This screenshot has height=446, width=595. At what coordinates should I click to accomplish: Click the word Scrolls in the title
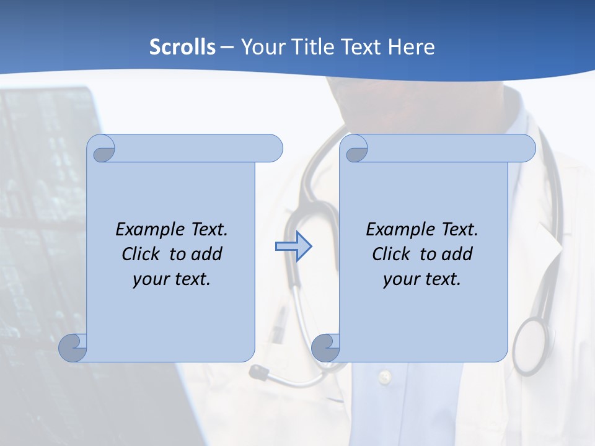pos(183,47)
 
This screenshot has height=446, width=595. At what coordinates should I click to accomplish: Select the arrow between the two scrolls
pos(293,247)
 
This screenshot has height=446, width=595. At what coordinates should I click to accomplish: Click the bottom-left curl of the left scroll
pos(73,348)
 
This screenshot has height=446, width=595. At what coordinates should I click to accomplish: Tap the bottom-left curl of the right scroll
pos(325,348)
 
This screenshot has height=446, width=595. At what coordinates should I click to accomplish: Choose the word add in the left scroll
pos(207,254)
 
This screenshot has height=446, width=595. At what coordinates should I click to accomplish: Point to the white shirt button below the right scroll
pos(385,376)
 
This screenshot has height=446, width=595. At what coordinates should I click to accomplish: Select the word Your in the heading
pos(261,47)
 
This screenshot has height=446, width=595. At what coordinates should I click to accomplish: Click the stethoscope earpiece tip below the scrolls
pos(257,372)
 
